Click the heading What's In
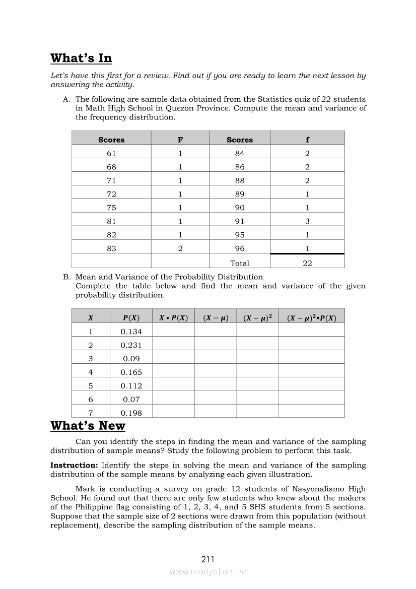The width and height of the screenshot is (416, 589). point(81,58)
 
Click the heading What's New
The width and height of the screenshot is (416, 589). point(88,426)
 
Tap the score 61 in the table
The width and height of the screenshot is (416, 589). point(111,154)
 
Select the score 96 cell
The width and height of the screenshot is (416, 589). point(240,248)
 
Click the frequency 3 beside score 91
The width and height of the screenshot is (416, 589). point(307,221)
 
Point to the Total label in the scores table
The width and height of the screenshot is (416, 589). point(240,263)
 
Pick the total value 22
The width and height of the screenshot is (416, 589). point(307,263)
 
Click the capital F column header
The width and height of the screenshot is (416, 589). point(180,140)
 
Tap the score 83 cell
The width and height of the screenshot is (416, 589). point(111,248)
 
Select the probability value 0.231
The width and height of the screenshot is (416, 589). point(131,345)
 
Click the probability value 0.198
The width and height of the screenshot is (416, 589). point(131,413)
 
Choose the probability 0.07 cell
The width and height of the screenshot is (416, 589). point(131,400)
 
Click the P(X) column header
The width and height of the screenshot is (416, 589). point(131,318)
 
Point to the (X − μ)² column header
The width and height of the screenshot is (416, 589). point(257,318)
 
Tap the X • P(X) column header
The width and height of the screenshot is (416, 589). point(173,318)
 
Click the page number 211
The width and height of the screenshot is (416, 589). point(208,559)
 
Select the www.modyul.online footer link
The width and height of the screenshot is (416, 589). point(208,571)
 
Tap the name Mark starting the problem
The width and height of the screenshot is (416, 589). point(85,489)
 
